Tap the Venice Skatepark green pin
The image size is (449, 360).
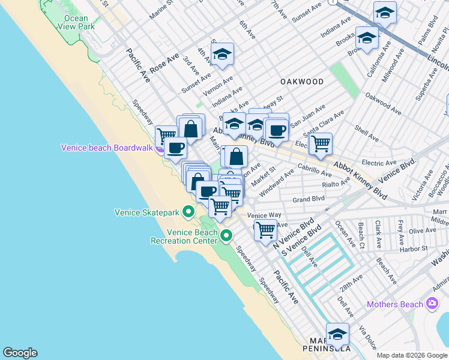tap(188, 211)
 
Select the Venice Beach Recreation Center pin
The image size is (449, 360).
tap(226, 235)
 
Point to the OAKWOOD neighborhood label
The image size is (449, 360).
tap(301, 82)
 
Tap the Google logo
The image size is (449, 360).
tap(20, 353)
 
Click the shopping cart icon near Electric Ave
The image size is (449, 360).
tap(321, 143)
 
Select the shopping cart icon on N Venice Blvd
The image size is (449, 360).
tap(265, 229)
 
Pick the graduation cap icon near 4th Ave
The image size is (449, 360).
tap(222, 55)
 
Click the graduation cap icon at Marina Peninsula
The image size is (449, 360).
tap(337, 334)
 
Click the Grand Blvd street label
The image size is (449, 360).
tap(309, 199)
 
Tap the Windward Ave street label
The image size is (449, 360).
tap(277, 182)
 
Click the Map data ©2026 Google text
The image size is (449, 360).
tap(412, 355)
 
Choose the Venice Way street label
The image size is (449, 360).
tap(264, 215)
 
